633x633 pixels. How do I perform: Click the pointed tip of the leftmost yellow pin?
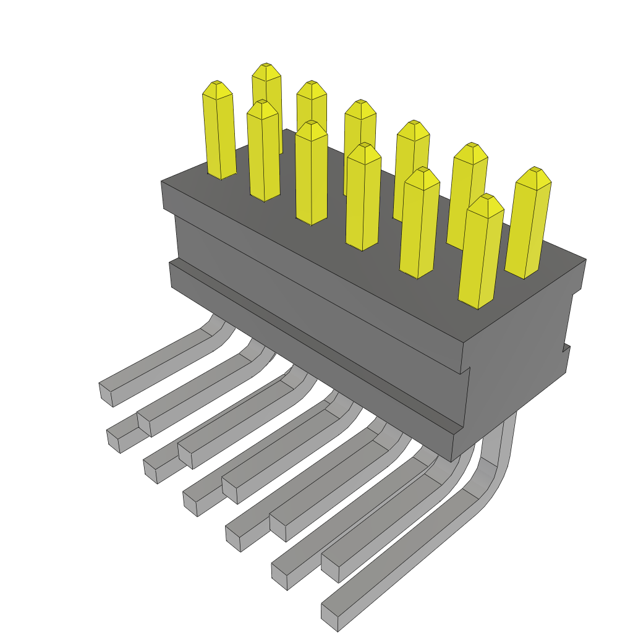tap(216, 83)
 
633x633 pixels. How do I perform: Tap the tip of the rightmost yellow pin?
tap(535, 169)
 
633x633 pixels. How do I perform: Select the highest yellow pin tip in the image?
tap(266, 64)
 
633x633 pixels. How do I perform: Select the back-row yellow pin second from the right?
tap(468, 192)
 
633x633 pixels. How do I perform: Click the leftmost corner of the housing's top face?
tap(162, 182)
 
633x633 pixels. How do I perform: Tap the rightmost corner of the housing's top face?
tap(585, 260)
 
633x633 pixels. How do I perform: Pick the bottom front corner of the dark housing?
tap(452, 461)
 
